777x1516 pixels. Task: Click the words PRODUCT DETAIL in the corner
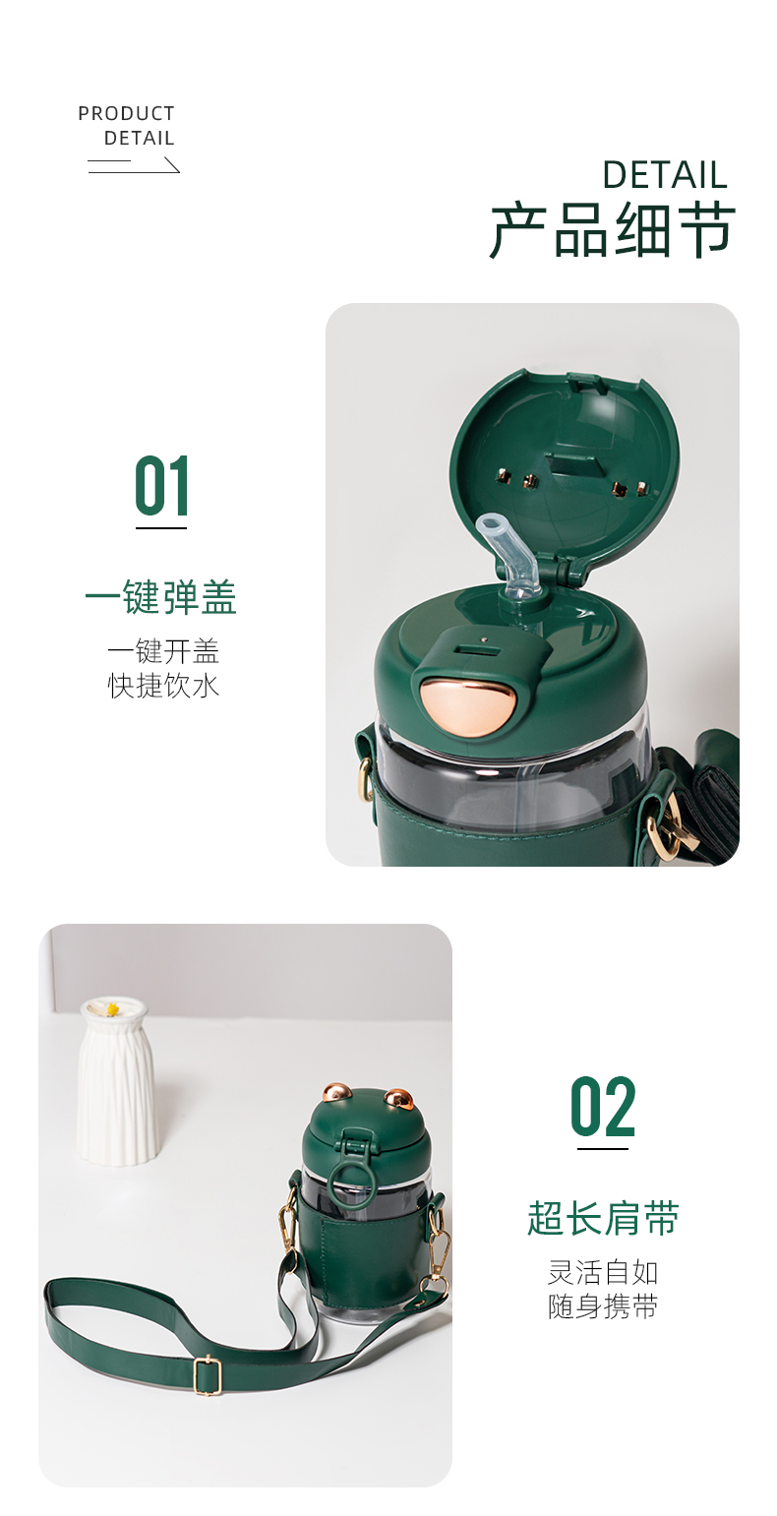(x=127, y=126)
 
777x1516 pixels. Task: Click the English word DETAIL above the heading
(x=664, y=175)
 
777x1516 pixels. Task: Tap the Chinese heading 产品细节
(x=613, y=231)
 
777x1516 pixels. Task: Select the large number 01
(x=161, y=486)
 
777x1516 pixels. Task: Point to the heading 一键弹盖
(x=160, y=598)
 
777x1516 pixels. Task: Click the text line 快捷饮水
(x=163, y=686)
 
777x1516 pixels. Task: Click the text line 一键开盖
(x=163, y=651)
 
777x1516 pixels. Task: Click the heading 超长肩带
(x=603, y=1219)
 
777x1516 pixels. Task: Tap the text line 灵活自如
(x=603, y=1272)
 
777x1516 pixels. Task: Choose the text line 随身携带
(x=603, y=1306)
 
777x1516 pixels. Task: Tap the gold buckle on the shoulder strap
(x=207, y=1375)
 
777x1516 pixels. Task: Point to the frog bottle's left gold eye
(x=335, y=1093)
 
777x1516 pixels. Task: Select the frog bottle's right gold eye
(x=398, y=1098)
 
